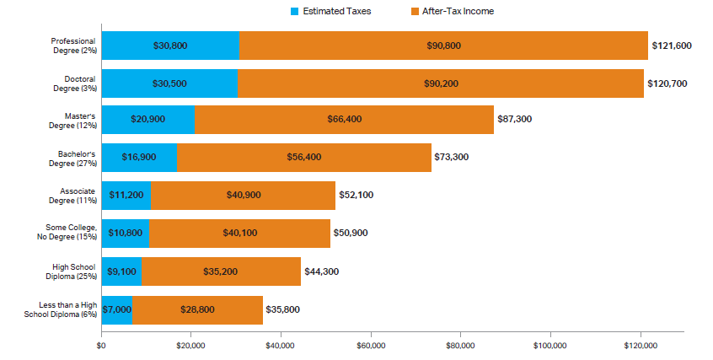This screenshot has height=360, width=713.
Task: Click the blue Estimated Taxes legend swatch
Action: [x=295, y=12]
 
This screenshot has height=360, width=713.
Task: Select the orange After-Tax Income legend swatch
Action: [x=415, y=12]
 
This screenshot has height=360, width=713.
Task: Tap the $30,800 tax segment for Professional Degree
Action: [x=170, y=46]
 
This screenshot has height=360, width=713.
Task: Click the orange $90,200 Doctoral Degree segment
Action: [x=441, y=83]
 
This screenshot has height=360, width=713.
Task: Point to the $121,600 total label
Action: [x=671, y=46]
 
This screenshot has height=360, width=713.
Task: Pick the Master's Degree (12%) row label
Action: [x=74, y=120]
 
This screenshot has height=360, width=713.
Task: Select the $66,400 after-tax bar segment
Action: [x=344, y=120]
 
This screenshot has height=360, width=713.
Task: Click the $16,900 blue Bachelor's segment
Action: [x=139, y=157]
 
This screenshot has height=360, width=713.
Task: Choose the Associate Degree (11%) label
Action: [x=74, y=195]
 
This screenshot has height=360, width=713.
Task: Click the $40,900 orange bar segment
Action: [x=243, y=195]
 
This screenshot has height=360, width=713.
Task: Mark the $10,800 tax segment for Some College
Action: [x=126, y=233]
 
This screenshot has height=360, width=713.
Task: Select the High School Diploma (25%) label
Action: [x=74, y=271]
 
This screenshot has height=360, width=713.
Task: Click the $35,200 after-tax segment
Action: [x=221, y=271]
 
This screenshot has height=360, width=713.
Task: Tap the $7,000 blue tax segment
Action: [x=117, y=309]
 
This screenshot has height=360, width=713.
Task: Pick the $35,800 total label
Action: [x=283, y=309]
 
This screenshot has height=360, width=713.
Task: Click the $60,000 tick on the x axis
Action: [x=371, y=344]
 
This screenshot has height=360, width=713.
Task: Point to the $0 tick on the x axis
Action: [x=101, y=344]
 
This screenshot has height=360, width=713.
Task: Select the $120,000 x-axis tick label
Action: [x=640, y=344]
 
